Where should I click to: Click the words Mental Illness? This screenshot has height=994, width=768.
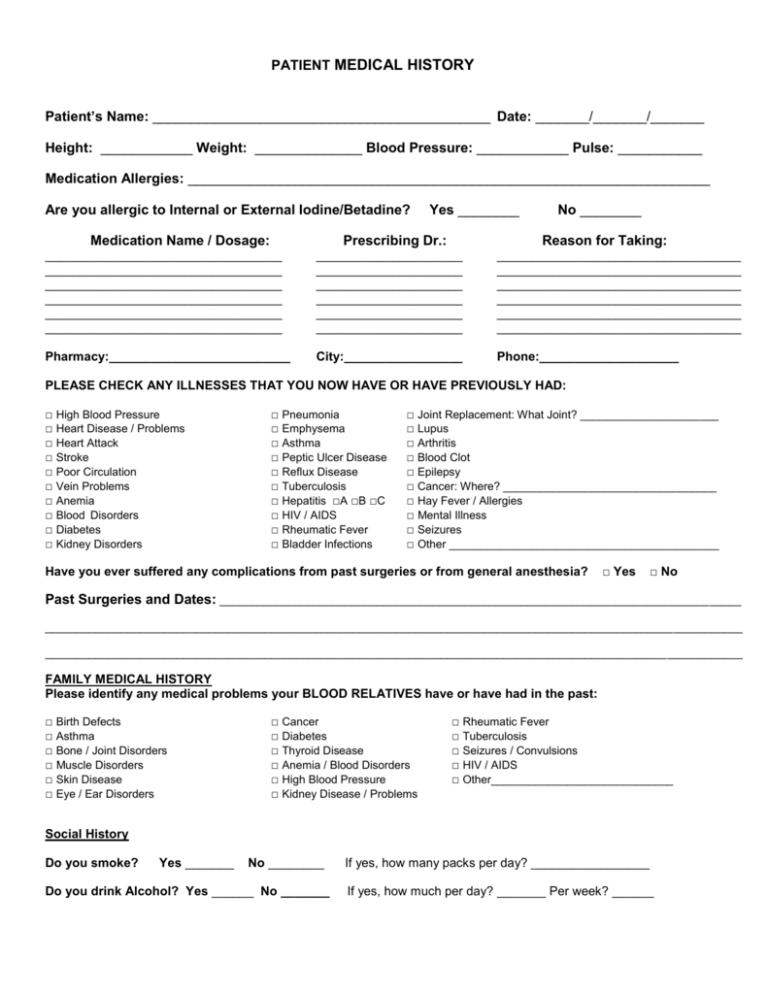(452, 516)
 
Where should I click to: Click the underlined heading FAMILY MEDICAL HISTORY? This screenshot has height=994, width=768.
(128, 679)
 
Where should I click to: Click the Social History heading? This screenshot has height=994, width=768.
(87, 833)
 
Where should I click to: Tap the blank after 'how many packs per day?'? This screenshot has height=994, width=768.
(591, 862)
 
